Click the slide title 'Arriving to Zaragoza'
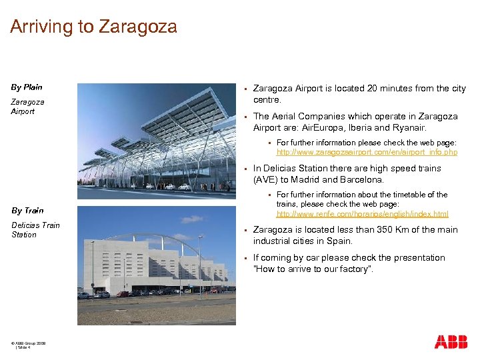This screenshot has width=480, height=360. (x=93, y=27)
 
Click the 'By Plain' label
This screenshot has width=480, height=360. (x=27, y=87)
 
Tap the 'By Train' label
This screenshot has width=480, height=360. (x=27, y=211)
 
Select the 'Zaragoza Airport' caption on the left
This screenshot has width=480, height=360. (x=27, y=107)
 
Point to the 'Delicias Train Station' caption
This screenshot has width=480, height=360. (x=35, y=230)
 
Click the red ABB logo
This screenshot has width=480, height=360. (x=451, y=342)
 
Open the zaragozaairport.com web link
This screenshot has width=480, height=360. (x=367, y=153)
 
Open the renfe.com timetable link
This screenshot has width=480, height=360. (x=362, y=214)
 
